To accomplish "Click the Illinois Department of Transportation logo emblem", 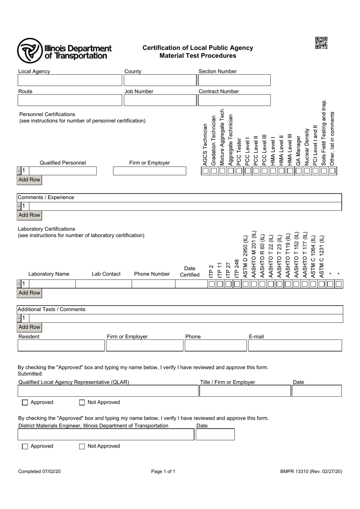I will click(x=30, y=50).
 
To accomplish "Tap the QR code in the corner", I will click(x=321, y=42).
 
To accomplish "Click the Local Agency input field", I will click(x=70, y=80).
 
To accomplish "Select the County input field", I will click(x=160, y=80).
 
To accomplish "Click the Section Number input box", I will click(x=234, y=80).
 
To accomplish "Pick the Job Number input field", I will click(x=160, y=100).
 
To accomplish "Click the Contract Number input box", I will click(x=234, y=100).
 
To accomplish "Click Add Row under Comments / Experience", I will click(x=29, y=215).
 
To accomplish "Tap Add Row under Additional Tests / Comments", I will click(x=29, y=327).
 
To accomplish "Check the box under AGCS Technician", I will click(x=205, y=171).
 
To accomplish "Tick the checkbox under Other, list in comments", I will click(x=332, y=171).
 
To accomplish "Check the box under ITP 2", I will click(x=211, y=284).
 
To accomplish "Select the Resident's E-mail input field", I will click(x=295, y=346).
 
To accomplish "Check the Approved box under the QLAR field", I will click(x=25, y=402).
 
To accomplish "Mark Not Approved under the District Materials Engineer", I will click(x=82, y=446).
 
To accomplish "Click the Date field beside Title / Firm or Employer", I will click(x=317, y=391).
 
